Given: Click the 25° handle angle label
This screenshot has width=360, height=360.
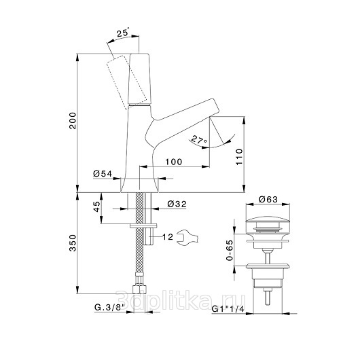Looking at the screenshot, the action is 124,33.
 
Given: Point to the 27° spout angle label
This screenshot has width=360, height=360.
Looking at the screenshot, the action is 199,140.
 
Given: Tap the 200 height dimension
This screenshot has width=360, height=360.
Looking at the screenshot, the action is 73,121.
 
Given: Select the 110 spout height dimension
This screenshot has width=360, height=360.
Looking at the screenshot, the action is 239,157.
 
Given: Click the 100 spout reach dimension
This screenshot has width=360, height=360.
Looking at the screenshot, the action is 174,162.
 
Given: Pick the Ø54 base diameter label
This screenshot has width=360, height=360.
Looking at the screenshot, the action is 103,174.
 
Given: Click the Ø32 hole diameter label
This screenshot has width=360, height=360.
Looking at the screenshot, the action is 177,204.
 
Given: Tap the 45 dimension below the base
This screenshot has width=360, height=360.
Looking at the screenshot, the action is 96,206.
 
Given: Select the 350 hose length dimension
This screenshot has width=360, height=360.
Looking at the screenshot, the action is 73,243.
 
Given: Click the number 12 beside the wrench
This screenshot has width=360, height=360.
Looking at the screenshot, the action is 168,236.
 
